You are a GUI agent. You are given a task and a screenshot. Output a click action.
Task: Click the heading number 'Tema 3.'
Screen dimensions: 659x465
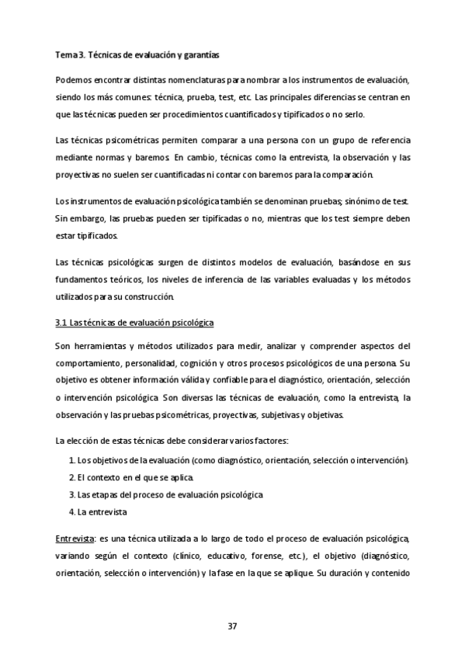click(70, 55)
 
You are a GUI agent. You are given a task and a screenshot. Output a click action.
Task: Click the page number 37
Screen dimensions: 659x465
click(232, 626)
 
